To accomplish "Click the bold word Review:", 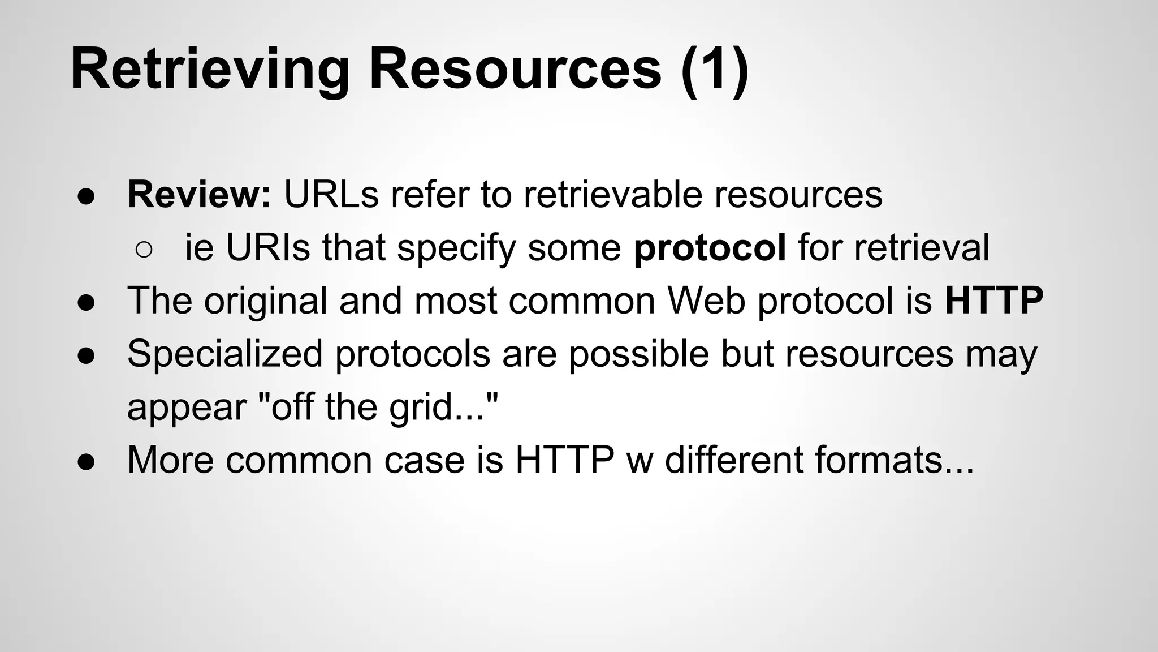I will click(200, 194).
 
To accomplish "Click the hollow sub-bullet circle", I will click(144, 250).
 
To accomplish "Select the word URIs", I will click(268, 247).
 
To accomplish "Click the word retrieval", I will click(922, 247).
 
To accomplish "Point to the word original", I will click(265, 301).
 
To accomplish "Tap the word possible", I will click(638, 354).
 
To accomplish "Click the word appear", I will click(187, 407).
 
